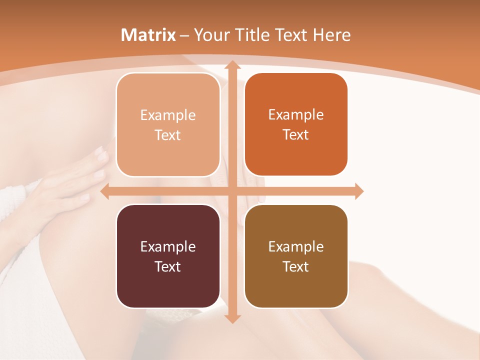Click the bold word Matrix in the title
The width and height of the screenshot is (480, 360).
pyautogui.click(x=148, y=35)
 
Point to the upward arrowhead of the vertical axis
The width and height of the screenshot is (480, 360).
pyautogui.click(x=232, y=65)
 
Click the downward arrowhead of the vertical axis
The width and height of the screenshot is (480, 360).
pyautogui.click(x=232, y=318)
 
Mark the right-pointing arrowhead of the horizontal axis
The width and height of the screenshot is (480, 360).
pyautogui.click(x=358, y=191)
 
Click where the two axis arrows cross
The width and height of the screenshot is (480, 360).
pyautogui.click(x=232, y=191)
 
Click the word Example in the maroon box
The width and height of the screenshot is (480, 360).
pyautogui.click(x=168, y=246)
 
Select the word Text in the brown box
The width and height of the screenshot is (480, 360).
pyautogui.click(x=296, y=266)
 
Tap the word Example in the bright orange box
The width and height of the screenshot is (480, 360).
pyautogui.click(x=296, y=114)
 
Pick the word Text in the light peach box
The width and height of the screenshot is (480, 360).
pyautogui.click(x=168, y=135)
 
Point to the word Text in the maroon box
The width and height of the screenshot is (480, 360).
pyautogui.click(x=168, y=266)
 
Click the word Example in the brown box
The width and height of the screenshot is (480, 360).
pyautogui.click(x=296, y=246)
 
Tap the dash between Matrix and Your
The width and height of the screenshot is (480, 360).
pyautogui.click(x=184, y=35)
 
